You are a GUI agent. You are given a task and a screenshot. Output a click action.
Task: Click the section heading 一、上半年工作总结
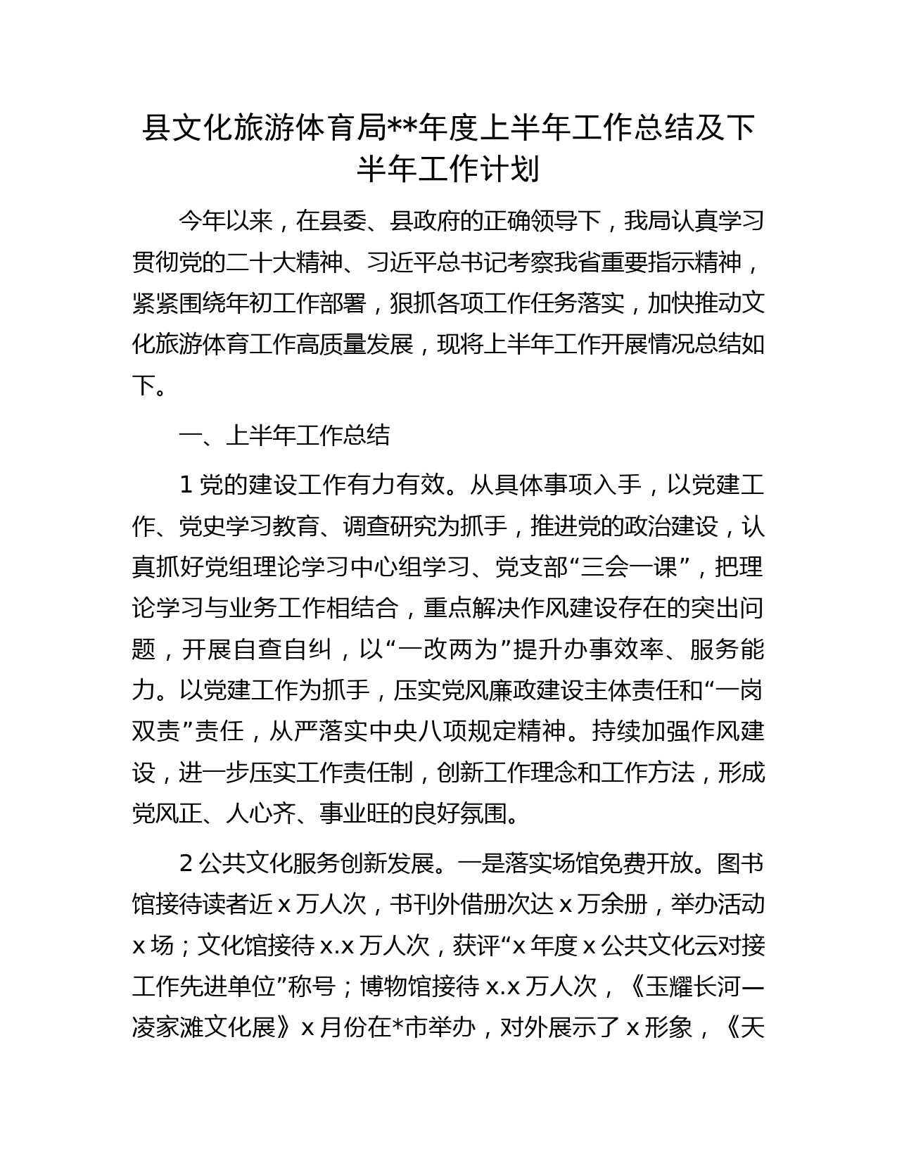point(284,436)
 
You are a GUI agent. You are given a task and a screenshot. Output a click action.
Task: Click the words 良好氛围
point(459,814)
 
